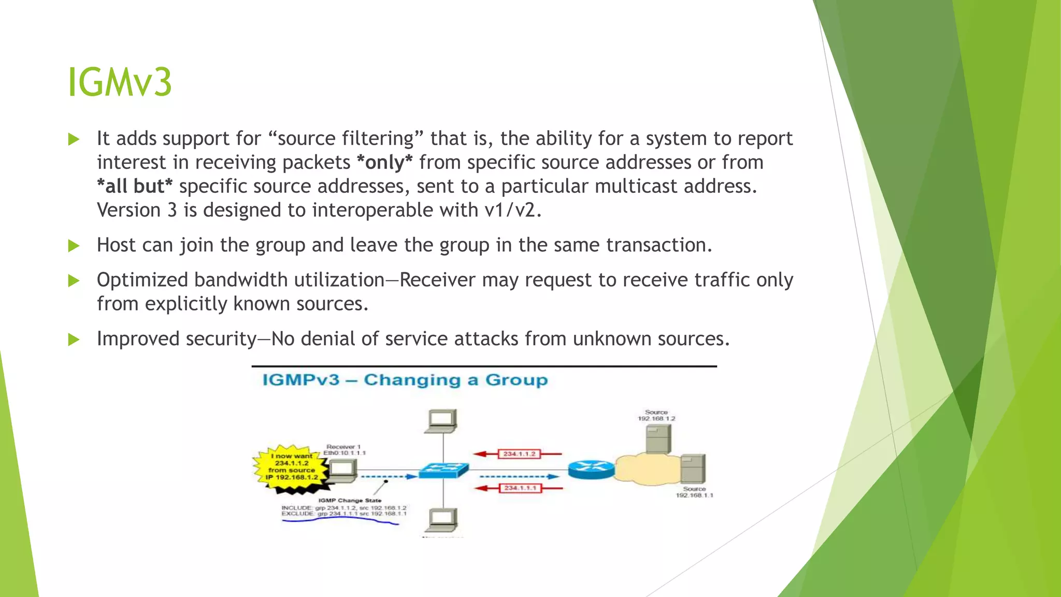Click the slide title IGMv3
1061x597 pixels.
(x=120, y=82)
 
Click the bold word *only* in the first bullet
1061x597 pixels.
(x=385, y=163)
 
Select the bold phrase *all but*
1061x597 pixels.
(x=135, y=187)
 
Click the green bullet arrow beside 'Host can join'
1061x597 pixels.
(x=74, y=246)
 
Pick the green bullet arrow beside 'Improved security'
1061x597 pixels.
(x=74, y=340)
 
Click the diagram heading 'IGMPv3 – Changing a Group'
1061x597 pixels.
(x=405, y=380)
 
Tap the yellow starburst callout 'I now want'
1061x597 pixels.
(x=291, y=466)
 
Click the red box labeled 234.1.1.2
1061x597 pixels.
(x=519, y=454)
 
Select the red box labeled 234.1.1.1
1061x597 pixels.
(x=520, y=488)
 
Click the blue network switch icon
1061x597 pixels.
(x=444, y=471)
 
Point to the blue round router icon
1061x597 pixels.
(x=591, y=470)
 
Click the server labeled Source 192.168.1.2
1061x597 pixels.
(x=658, y=438)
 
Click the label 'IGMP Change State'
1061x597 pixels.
(x=350, y=501)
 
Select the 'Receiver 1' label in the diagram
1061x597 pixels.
(x=343, y=447)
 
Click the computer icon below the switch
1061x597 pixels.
(x=442, y=519)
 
